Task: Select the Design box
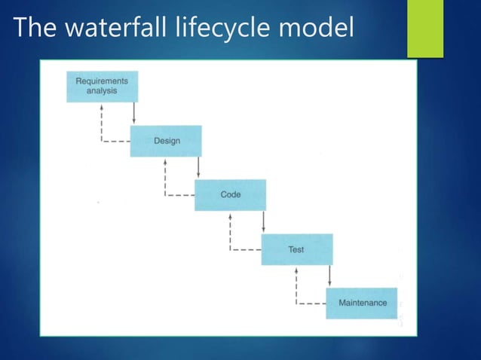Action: click(x=165, y=141)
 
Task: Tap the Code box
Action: click(x=230, y=194)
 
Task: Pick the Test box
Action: click(x=296, y=249)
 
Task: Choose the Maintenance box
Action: click(x=362, y=303)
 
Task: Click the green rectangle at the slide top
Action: click(x=426, y=29)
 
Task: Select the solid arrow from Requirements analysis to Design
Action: click(x=133, y=113)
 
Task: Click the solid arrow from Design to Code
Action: click(x=198, y=167)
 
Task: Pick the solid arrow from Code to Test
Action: click(x=263, y=221)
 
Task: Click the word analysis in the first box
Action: click(x=101, y=91)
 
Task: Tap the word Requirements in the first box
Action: click(x=101, y=81)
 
